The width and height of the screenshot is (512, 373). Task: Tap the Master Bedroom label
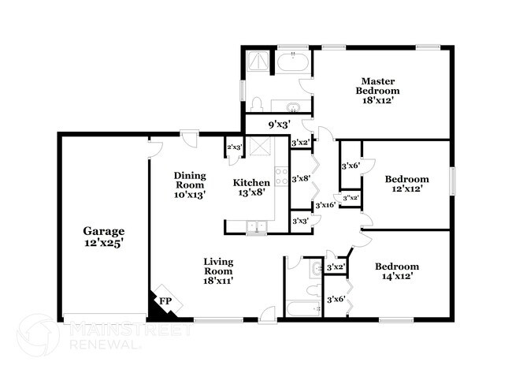(x=377, y=86)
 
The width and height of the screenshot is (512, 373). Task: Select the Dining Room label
(x=190, y=180)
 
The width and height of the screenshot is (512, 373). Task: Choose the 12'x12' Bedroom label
(x=406, y=179)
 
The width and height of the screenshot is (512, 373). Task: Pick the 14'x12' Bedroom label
(x=396, y=266)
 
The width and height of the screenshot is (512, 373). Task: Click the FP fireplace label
(x=165, y=300)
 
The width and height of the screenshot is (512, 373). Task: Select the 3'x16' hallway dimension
(x=325, y=205)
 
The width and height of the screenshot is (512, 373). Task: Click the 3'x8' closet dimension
(x=299, y=179)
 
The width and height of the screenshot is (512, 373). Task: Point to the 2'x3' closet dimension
(x=234, y=147)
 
